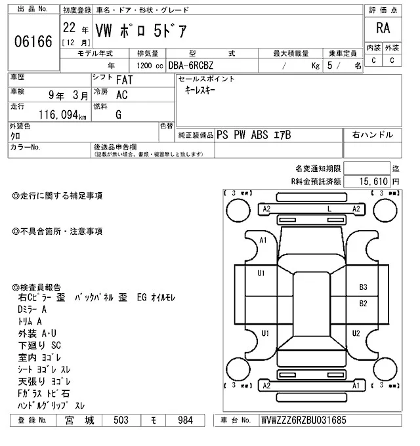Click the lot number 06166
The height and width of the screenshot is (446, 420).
pos(33,41)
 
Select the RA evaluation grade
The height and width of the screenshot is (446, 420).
pos(383,28)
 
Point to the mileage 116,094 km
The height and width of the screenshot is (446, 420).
pos(62,115)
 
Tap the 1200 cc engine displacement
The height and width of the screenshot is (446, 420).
pos(150,66)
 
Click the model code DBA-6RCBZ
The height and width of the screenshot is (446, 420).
pos(191,66)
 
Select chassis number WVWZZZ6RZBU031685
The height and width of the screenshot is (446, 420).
pos(304,420)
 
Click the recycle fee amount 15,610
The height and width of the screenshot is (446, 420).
pos(373,181)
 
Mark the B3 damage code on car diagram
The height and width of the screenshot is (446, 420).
pos(363,287)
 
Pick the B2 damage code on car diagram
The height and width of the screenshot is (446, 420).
pos(363,304)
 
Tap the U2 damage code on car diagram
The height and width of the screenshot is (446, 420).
pos(356,333)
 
